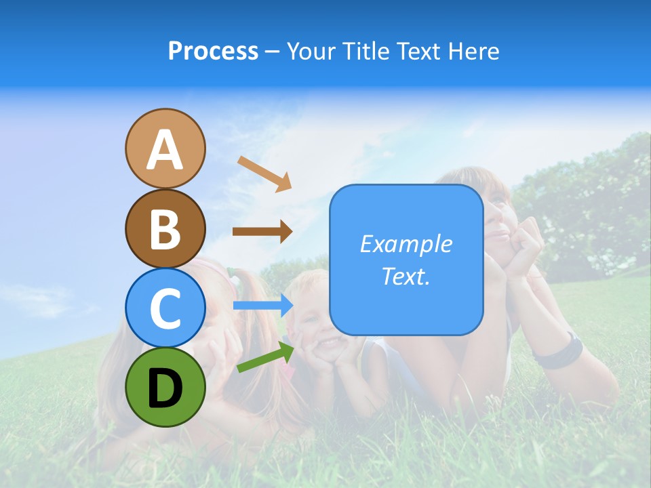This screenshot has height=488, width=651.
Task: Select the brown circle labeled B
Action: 165,229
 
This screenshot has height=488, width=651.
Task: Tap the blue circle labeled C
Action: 165,308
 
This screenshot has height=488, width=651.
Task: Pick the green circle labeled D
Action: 165,387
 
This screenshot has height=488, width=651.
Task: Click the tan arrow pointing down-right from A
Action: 264,174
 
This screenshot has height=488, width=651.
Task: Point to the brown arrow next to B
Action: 262,231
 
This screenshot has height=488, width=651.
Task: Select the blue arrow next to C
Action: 263,306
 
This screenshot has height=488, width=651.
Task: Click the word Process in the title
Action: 213,52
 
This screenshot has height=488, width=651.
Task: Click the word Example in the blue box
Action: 406,244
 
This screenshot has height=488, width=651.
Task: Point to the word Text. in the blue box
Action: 406,277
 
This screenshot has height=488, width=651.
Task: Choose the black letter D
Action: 165,388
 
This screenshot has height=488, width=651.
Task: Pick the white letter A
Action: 165,150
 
